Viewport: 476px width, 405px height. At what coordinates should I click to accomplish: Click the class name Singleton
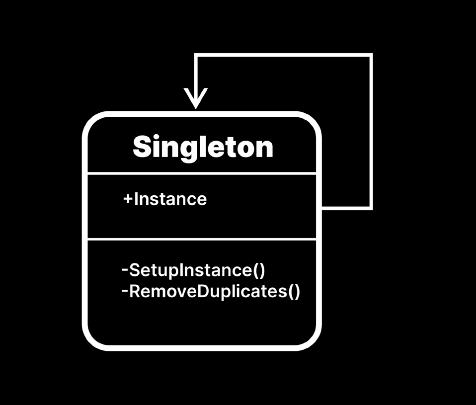coord(203,147)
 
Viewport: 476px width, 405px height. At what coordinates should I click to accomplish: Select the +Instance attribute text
coord(165,199)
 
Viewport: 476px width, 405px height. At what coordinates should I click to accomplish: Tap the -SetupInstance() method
coord(193,271)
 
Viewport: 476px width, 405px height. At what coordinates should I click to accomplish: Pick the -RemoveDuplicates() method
coord(211,291)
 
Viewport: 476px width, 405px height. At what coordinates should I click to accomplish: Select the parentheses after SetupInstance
coord(259,271)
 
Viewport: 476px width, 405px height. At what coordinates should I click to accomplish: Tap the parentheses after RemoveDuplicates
coord(294,292)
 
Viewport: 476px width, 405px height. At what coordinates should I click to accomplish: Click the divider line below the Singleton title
coord(202,174)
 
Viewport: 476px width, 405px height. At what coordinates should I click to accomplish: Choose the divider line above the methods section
coord(202,240)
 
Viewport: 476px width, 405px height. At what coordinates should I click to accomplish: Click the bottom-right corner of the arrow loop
coord(370,207)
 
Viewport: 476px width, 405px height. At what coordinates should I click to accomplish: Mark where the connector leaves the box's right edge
coord(321,207)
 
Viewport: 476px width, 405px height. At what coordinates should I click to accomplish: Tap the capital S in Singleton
coord(142,147)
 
